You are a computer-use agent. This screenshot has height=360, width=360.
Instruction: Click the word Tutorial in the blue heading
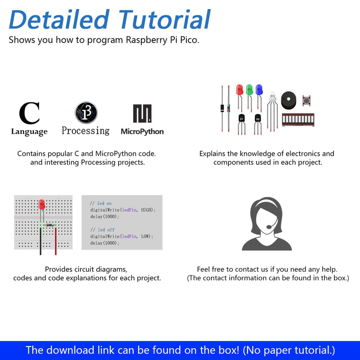(x=164, y=19)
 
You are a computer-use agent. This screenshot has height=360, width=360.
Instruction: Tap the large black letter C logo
(x=29, y=113)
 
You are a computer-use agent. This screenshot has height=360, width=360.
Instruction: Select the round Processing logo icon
(x=86, y=112)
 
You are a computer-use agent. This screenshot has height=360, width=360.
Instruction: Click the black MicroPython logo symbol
(x=142, y=113)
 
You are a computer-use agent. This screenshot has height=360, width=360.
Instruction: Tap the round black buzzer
(x=288, y=100)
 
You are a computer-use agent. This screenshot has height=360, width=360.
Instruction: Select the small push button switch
(x=306, y=100)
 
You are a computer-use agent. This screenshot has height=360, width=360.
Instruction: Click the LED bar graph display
(x=298, y=120)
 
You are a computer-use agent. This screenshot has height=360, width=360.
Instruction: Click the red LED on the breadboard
(x=42, y=204)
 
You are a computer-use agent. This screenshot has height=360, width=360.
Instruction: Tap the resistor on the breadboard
(x=50, y=225)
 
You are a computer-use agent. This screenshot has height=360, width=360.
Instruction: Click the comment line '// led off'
(x=103, y=229)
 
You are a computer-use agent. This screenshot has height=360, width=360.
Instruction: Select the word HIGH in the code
(x=147, y=210)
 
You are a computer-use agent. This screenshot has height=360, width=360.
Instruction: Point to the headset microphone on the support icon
(x=269, y=227)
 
